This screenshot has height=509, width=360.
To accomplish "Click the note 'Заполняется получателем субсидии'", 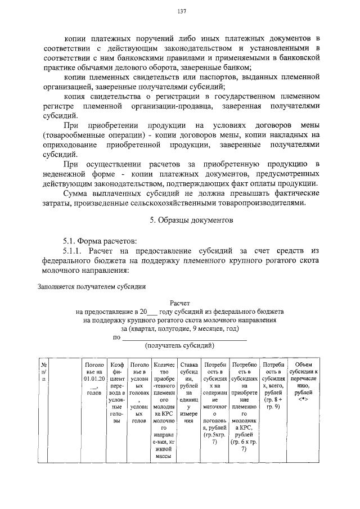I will point(92,286).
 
